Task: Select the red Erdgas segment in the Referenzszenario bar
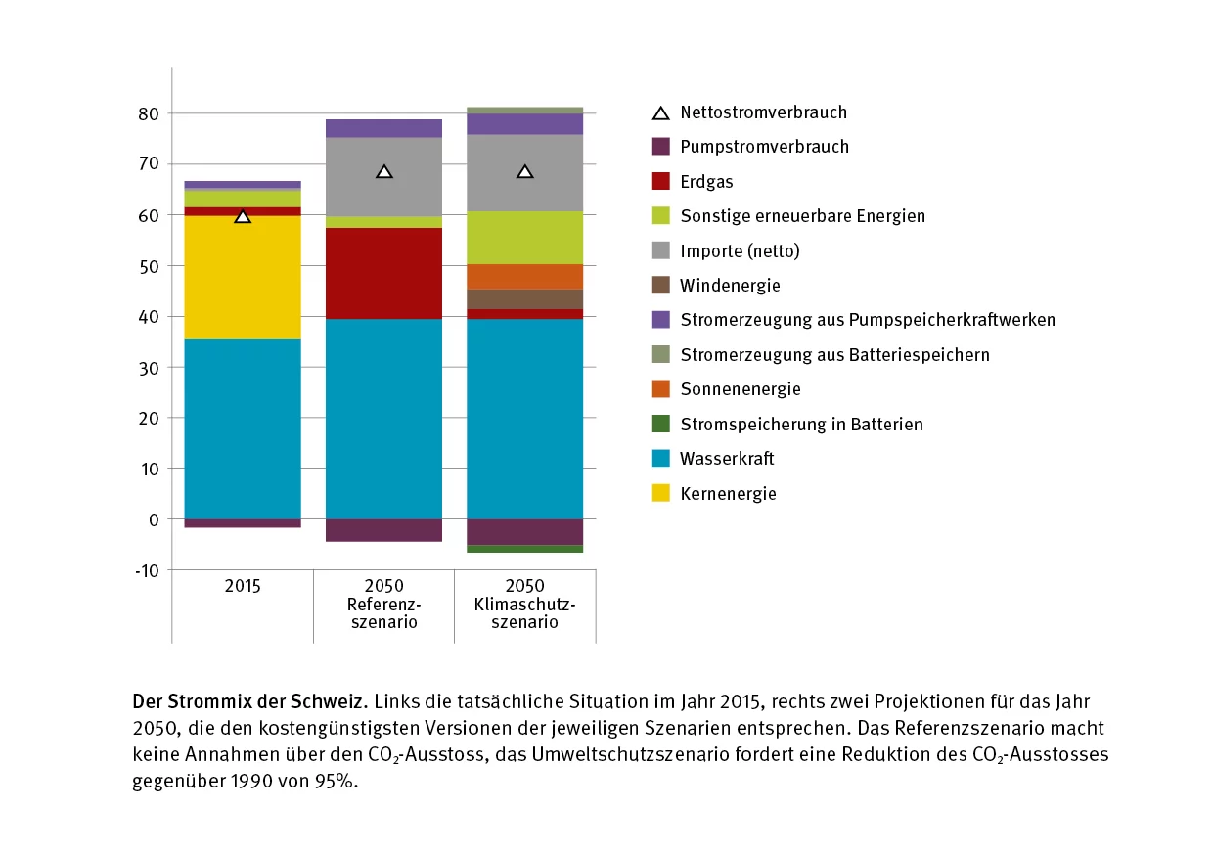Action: (383, 273)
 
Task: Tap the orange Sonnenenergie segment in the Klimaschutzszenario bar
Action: (524, 276)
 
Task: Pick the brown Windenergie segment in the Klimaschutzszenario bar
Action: (524, 298)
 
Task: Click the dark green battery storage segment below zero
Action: (524, 549)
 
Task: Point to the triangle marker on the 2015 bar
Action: (243, 216)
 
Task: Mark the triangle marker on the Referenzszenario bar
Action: (384, 172)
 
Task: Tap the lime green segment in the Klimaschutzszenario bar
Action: (524, 238)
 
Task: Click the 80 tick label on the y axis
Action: (148, 113)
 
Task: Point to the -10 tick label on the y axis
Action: (146, 570)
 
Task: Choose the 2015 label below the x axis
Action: (243, 587)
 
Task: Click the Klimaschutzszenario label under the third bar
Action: (524, 605)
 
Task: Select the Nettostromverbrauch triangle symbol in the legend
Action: (661, 112)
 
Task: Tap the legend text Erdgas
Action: (706, 182)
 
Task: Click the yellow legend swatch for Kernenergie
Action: (661, 494)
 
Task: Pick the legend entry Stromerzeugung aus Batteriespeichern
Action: (834, 355)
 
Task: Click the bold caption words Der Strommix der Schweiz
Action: (249, 702)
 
